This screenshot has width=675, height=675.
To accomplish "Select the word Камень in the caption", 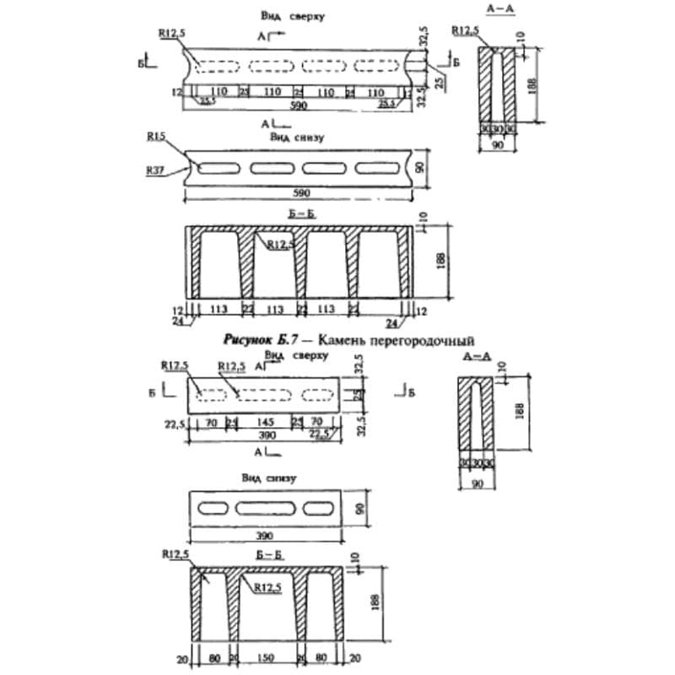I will (x=353, y=339).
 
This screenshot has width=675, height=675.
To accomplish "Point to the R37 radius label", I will (x=155, y=170).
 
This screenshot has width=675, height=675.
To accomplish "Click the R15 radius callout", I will (x=155, y=135).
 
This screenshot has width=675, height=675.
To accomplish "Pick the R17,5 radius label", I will (x=173, y=365).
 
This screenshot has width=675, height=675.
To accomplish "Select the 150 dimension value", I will (x=265, y=657).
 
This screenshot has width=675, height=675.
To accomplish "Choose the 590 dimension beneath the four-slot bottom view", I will (x=300, y=193).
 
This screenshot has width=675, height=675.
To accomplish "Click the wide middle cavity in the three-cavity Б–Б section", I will (x=265, y=612).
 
